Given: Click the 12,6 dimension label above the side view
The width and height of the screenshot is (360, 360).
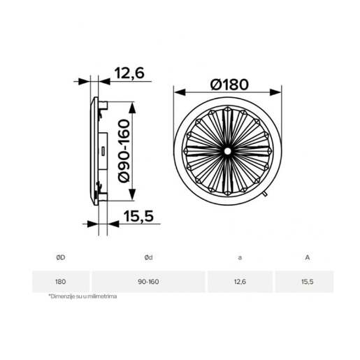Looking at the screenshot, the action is tap(129, 73).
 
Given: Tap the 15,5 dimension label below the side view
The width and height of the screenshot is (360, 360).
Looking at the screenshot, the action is tap(138, 216).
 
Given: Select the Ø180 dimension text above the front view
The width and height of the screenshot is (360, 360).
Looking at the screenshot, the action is tap(229, 85).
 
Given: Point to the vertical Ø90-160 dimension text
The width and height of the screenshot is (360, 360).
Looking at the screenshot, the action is tap(124, 151).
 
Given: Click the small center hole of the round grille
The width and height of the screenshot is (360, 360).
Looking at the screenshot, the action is tap(227, 151).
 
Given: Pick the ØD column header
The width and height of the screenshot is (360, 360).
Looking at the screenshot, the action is tap(61, 257).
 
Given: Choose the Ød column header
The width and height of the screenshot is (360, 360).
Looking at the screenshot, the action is tap(148, 257).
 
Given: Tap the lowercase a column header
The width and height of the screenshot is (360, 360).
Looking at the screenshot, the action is tap(240, 258).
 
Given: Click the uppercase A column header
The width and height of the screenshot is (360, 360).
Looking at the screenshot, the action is tap(308, 257).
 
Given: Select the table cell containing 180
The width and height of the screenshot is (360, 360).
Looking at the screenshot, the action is tap(61, 282).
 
